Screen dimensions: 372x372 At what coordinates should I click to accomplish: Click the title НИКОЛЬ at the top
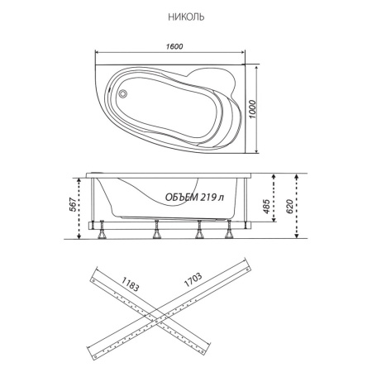point(186,17)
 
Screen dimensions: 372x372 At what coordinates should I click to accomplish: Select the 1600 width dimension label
point(174,46)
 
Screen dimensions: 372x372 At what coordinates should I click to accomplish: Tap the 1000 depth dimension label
point(253,109)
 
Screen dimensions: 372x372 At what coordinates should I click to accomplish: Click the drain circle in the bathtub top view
point(122,93)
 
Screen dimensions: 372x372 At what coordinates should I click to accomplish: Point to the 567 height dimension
point(73,204)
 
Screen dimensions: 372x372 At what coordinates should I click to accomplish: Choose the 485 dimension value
point(266,206)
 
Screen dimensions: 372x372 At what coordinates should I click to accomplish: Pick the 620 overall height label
point(289,207)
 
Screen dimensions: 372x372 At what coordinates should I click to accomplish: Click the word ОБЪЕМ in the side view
point(182,197)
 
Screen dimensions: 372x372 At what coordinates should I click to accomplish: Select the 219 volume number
point(208,197)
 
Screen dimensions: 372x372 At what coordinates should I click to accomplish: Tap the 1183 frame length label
point(130,284)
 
